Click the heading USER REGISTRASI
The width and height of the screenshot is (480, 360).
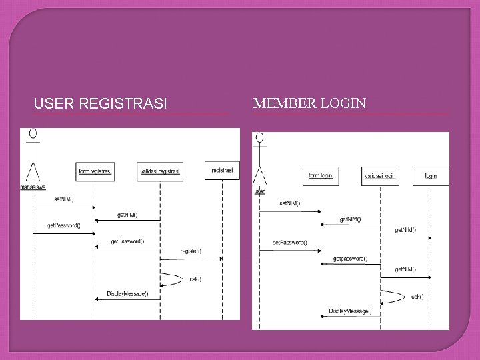[x=100, y=104]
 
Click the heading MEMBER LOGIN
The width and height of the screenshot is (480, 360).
[x=309, y=103]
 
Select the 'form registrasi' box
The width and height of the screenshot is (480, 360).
[x=95, y=171]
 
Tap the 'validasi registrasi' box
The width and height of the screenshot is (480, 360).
[x=160, y=171]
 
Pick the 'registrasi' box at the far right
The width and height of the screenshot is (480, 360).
[x=222, y=171]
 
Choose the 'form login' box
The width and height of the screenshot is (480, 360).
[x=320, y=175]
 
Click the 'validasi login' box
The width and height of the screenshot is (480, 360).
[x=380, y=175]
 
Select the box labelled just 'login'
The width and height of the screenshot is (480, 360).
[x=431, y=176]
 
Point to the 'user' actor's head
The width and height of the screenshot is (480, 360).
[x=259, y=139]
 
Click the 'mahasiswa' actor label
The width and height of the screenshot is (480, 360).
[x=33, y=187]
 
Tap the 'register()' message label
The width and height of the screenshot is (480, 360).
[x=191, y=251]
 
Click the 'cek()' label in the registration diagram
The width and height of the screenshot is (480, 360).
[x=195, y=279]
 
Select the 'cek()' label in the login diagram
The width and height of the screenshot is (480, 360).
[x=417, y=297]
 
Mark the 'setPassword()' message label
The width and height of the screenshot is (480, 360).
[x=289, y=241]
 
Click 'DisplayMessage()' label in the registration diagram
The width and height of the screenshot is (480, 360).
[x=127, y=293]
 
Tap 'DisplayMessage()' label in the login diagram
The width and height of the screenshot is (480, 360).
[x=350, y=311]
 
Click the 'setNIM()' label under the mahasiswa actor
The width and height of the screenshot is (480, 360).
[x=64, y=198]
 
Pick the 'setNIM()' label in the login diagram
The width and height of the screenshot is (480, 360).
[x=289, y=203]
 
